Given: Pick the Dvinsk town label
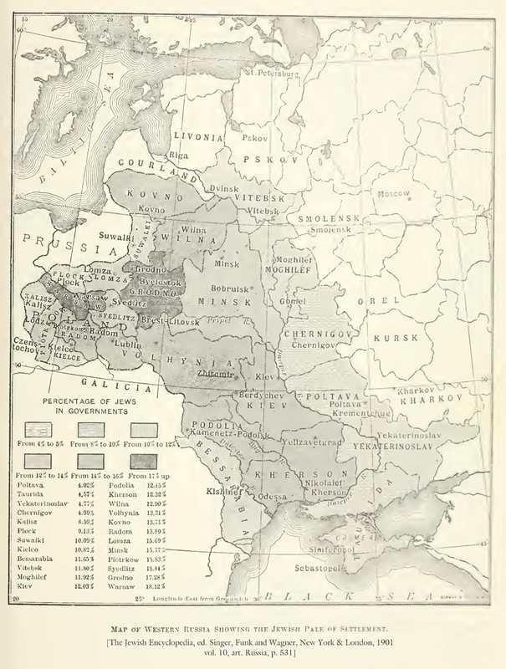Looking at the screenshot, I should (x=224, y=189).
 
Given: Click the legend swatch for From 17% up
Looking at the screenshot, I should (x=145, y=461).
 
